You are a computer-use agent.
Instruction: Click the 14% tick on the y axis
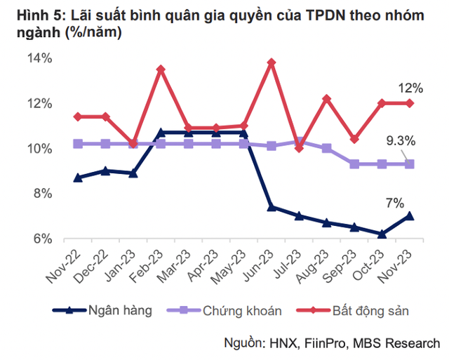click(x=40, y=58)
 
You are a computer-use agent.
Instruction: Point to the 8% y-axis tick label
click(x=43, y=194)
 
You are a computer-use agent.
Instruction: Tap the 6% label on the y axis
click(x=43, y=239)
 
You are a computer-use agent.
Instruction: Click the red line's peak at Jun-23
click(x=271, y=62)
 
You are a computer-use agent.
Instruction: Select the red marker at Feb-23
click(x=161, y=69)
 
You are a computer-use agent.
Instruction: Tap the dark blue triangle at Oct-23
click(x=382, y=234)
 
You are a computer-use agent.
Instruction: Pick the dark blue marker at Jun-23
click(x=271, y=207)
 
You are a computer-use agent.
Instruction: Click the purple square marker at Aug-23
click(x=326, y=148)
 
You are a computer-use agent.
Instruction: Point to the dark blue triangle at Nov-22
click(x=78, y=178)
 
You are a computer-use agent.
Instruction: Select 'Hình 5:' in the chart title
click(x=30, y=15)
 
